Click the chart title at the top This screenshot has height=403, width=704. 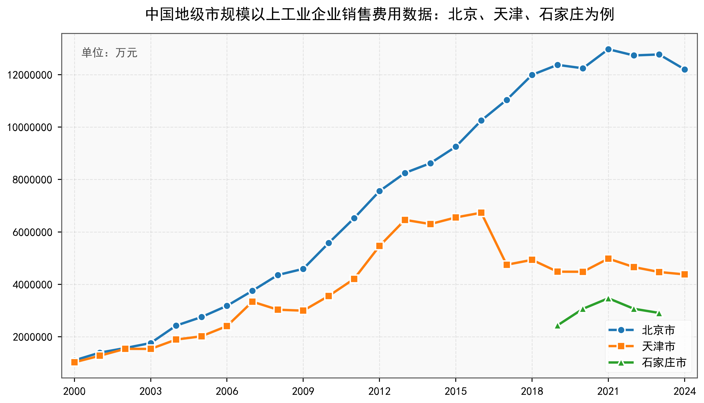click(x=379, y=14)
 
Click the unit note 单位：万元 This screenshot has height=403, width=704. click(x=109, y=53)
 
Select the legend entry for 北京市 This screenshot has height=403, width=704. click(x=658, y=330)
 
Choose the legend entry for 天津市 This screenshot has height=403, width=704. click(x=658, y=346)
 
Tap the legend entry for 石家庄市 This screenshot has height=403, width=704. click(x=664, y=362)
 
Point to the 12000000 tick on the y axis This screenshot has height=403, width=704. click(x=30, y=75)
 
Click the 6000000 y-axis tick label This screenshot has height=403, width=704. click(x=32, y=232)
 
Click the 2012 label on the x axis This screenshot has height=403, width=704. click(x=379, y=391)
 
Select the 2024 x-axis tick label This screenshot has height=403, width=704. click(x=684, y=391)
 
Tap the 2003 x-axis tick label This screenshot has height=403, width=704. click(x=151, y=391)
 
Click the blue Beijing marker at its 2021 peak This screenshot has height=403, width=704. click(x=608, y=49)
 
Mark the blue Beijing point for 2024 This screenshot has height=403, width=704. click(x=685, y=69)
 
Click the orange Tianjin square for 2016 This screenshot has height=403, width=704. click(x=481, y=213)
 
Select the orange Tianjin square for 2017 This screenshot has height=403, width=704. click(x=507, y=265)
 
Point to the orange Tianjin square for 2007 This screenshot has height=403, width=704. click(x=252, y=301)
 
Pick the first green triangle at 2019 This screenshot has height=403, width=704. click(x=558, y=326)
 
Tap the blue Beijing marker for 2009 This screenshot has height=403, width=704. click(x=303, y=269)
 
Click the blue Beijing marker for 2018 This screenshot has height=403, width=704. click(x=532, y=75)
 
